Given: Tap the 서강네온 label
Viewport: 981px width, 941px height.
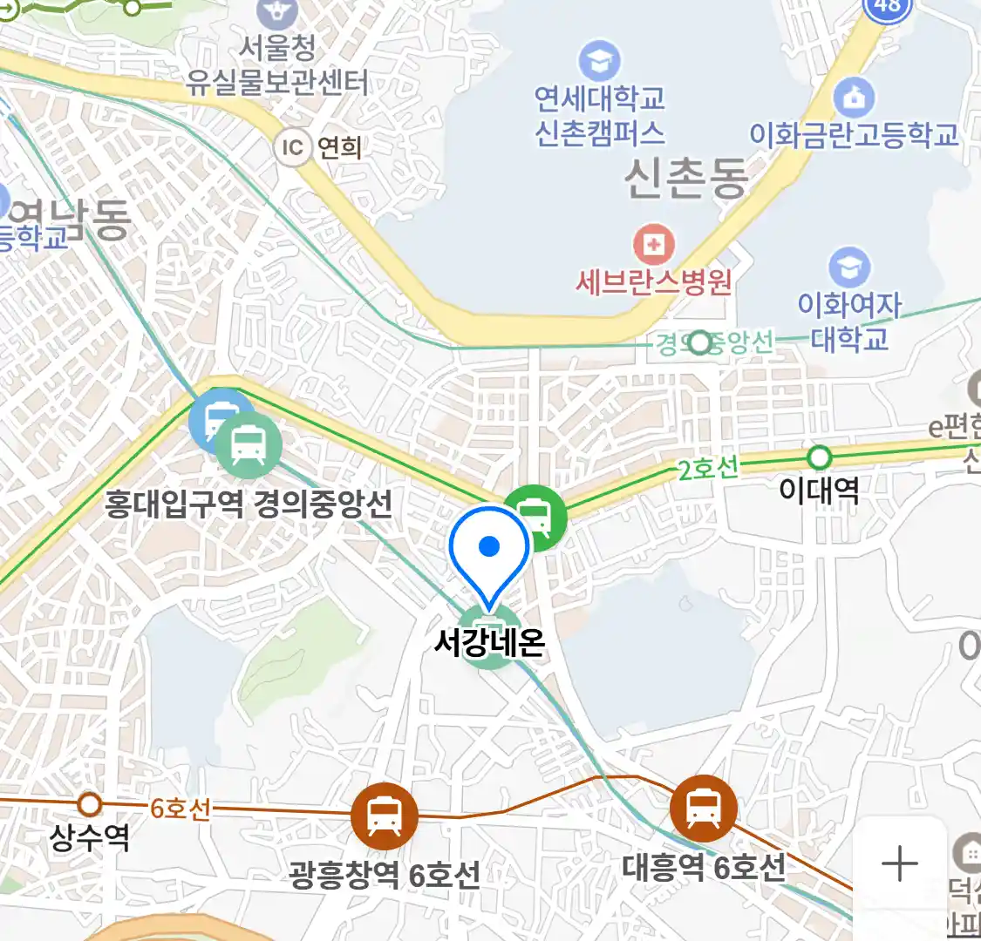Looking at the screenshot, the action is [489, 643].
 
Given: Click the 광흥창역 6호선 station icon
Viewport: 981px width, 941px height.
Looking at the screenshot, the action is [384, 816].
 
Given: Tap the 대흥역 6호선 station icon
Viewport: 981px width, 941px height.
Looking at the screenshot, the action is [703, 808].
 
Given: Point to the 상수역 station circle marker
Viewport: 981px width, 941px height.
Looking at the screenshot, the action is [90, 803].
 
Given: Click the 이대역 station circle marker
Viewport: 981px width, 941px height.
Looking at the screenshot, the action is [819, 457].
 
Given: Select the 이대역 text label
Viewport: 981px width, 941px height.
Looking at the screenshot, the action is [819, 490].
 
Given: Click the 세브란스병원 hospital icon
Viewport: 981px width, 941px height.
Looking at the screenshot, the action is [654, 245].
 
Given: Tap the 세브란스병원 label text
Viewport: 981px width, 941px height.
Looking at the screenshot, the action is [653, 282].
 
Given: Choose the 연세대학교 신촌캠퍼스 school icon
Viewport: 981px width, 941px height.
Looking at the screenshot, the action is [599, 61].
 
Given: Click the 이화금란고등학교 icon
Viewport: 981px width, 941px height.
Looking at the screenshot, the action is [854, 98].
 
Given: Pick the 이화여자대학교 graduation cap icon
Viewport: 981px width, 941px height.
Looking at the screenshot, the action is [848, 267].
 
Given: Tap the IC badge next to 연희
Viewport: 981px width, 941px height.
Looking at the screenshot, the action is [292, 147].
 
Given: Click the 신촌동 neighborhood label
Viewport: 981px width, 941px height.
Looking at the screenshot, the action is [685, 178].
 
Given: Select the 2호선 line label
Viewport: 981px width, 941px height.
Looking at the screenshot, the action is [707, 469].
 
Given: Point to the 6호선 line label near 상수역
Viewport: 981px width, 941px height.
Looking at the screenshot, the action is [181, 809].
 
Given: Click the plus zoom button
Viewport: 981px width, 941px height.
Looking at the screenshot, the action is [899, 864].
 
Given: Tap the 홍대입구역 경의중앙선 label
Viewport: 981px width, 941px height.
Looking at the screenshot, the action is [248, 504].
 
